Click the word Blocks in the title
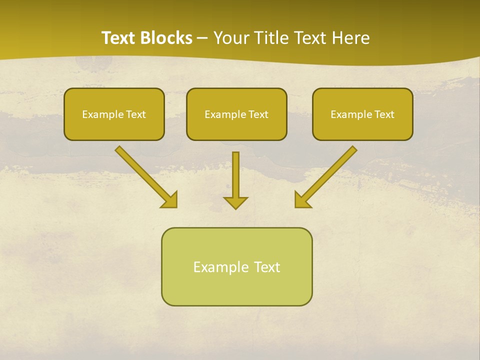point(166,38)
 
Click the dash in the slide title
point(203,38)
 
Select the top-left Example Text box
point(114,114)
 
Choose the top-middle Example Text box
point(236,114)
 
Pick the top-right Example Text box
point(362,114)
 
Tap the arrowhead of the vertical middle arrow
point(235,202)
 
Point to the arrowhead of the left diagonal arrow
point(170,200)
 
